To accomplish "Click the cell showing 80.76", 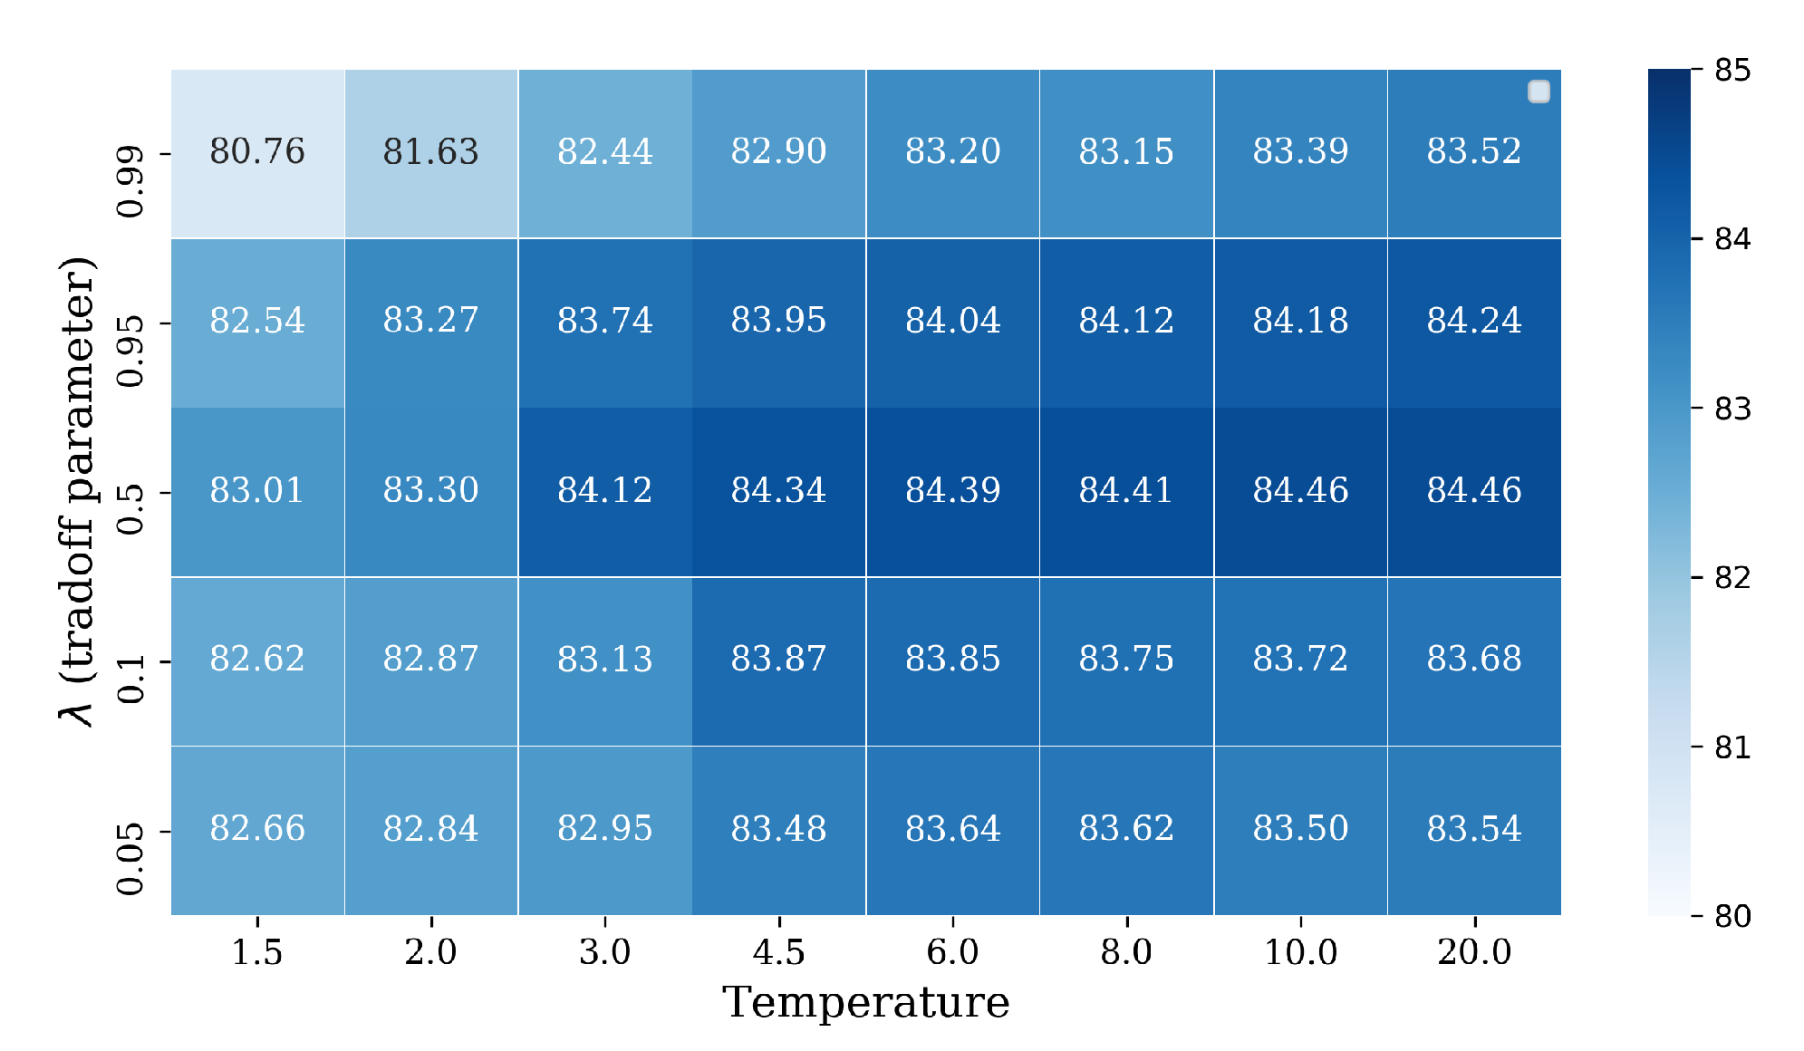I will click(257, 151).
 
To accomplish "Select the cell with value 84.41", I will click(1126, 490).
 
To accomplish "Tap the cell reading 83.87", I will click(778, 659).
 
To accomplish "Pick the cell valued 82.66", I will click(257, 828).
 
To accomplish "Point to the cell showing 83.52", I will click(1474, 151).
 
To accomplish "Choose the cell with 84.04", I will click(952, 321).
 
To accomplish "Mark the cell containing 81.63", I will click(430, 151).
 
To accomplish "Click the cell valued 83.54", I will click(1474, 828).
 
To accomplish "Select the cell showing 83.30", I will click(430, 490).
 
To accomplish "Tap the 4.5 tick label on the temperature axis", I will click(778, 952).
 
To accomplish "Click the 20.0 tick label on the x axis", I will click(1474, 952).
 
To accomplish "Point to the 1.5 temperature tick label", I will click(257, 952).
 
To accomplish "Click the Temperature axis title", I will click(865, 1003).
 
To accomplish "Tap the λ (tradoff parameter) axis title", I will click(78, 492).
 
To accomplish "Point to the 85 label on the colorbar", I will click(1732, 70).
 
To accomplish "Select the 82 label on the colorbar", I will click(1732, 577).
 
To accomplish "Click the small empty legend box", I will click(1539, 92).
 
